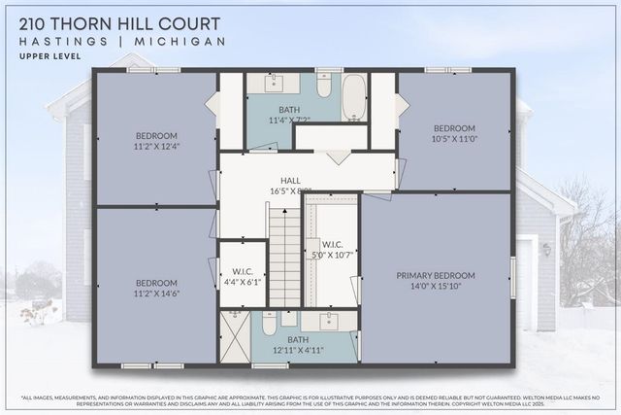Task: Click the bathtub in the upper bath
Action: pyautogui.click(x=353, y=96)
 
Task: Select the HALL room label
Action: pyautogui.click(x=291, y=181)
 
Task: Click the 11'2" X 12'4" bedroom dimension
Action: pyautogui.click(x=156, y=146)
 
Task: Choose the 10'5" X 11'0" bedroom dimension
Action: pyautogui.click(x=454, y=140)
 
